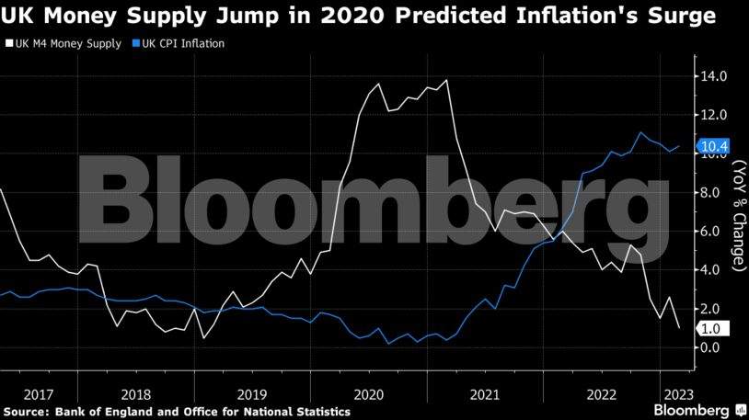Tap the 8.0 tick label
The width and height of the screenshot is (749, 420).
715,193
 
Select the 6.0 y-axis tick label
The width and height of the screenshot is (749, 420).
715,232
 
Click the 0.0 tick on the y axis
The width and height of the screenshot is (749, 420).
715,347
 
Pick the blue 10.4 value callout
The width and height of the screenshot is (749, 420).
713,145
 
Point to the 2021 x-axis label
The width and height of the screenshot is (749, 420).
485,393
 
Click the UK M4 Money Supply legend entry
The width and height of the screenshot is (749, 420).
63,43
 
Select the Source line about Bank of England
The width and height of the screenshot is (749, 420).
177,412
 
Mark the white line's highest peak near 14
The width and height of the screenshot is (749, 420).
447,80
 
